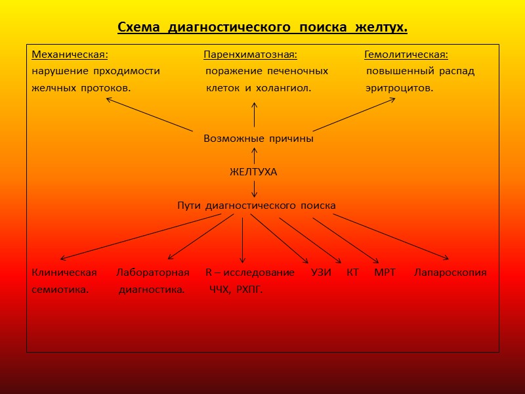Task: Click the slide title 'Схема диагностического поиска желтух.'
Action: tap(262, 28)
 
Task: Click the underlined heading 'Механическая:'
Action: tap(70, 54)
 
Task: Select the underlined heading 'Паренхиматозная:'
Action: tap(250, 54)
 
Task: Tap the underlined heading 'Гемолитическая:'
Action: tap(406, 54)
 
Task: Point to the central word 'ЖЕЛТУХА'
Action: tap(253, 172)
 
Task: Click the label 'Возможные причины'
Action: tap(258, 139)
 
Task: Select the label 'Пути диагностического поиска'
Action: tap(256, 206)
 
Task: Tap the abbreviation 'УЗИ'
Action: tap(321, 273)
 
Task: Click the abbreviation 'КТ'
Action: tap(352, 273)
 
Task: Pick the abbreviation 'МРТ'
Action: tap(385, 273)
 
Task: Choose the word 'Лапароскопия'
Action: tap(450, 273)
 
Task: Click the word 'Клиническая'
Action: tap(64, 273)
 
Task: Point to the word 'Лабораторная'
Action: tap(153, 273)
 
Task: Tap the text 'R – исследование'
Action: tap(249, 273)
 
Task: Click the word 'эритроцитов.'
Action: tap(399, 88)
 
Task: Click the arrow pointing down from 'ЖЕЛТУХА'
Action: tap(254, 188)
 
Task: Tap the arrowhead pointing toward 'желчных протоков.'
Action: tap(109, 100)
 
